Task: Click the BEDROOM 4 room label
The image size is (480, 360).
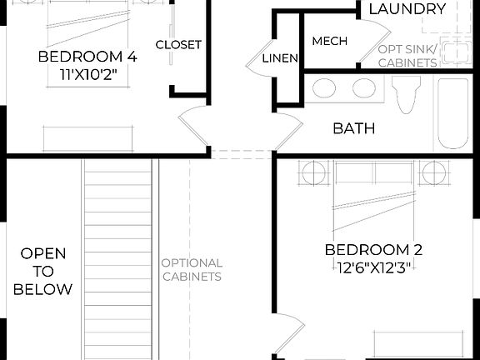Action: click(87, 57)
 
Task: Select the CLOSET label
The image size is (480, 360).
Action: click(178, 44)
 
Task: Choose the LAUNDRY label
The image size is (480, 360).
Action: click(407, 9)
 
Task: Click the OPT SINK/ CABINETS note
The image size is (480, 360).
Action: click(407, 56)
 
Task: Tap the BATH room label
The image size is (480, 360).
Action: click(353, 128)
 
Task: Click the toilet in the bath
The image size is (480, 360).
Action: click(407, 94)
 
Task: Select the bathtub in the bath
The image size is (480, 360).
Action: click(455, 114)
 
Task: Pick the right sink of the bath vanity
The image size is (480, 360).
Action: click(364, 88)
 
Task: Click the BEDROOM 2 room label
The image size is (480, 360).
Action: click(373, 250)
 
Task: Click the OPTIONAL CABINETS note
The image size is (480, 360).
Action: click(192, 269)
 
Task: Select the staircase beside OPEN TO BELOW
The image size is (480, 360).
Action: click(120, 258)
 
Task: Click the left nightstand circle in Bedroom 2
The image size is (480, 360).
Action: click(315, 173)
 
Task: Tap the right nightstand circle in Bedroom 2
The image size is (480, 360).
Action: click(434, 173)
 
